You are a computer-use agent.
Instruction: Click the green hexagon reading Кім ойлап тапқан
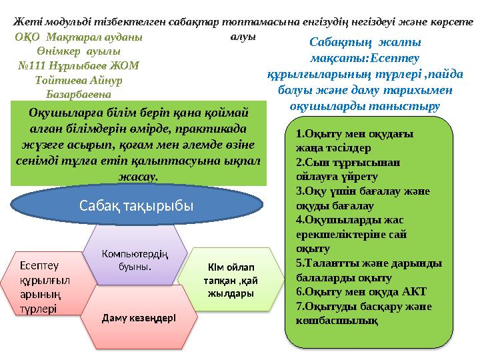coord(228,281)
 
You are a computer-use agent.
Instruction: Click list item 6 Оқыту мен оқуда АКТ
coord(360,291)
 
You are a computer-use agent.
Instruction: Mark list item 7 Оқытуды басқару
coord(363,313)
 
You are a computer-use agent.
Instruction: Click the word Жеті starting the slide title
coord(27,21)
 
